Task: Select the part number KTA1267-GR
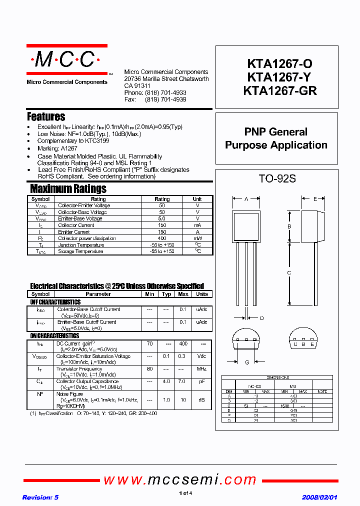click(x=279, y=91)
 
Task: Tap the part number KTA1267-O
click(x=279, y=64)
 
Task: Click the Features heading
click(x=46, y=117)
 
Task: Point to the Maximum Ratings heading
click(x=68, y=189)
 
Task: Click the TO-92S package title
click(x=277, y=178)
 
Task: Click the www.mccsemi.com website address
click(x=179, y=480)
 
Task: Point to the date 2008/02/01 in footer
click(x=319, y=497)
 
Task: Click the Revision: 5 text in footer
click(x=40, y=497)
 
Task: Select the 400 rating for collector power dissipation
click(x=162, y=238)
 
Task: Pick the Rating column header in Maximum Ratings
click(x=162, y=199)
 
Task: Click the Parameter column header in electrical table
click(x=98, y=294)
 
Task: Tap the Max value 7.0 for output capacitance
click(x=183, y=381)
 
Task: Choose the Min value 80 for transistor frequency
click(x=149, y=369)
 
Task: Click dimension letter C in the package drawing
click(x=289, y=272)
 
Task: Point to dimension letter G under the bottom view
click(x=246, y=362)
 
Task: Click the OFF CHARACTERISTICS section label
click(x=55, y=302)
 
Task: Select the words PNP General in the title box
click(x=276, y=132)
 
